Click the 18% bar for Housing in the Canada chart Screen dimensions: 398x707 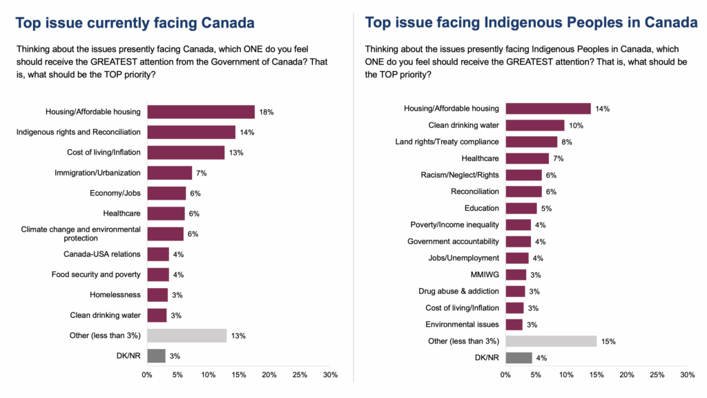[201, 112]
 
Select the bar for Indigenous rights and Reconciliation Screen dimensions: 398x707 [191, 132]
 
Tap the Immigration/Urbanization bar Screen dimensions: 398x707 [169, 173]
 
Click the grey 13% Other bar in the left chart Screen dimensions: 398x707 [187, 336]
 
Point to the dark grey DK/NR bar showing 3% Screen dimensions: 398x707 [156, 356]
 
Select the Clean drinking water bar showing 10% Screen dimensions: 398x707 [535, 125]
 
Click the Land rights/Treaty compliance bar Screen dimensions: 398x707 [531, 142]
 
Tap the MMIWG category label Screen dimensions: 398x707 [485, 274]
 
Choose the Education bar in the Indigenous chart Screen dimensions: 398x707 [521, 208]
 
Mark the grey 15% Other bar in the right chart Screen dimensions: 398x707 [551, 341]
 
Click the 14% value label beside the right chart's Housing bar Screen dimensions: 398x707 [603, 108]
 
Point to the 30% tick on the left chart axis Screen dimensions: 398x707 [330, 375]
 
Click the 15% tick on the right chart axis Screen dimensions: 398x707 [597, 375]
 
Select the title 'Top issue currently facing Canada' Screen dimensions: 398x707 [135, 23]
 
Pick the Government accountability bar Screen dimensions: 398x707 [519, 241]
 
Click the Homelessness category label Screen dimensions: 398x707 [115, 295]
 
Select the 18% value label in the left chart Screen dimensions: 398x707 [267, 112]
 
